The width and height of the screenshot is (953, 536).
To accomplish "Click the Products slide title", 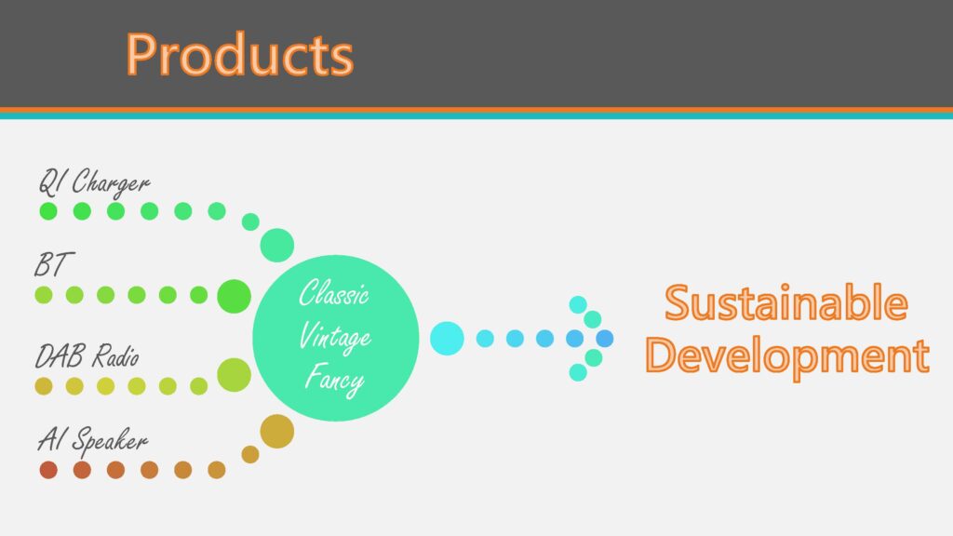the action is [239, 55].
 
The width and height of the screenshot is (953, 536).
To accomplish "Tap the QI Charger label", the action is [94, 182].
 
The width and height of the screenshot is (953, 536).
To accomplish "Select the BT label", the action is [54, 265].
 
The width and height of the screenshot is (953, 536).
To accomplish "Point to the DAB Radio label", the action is [87, 356].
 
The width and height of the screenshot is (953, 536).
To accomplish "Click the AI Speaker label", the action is [93, 439].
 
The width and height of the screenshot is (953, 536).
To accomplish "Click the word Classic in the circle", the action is [334, 293].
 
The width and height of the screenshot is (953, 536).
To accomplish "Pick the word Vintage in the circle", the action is [335, 337].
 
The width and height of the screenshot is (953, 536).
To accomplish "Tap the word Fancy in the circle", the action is [334, 380].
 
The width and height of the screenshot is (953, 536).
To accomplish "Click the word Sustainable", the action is [786, 302].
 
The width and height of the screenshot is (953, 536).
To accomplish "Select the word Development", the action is [787, 356].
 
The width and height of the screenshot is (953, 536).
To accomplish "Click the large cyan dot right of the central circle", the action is [447, 339].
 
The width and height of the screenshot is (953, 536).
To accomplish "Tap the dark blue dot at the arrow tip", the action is [604, 339].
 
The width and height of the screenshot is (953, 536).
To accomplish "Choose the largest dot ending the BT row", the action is [234, 296].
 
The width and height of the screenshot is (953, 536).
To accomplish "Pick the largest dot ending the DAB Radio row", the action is [234, 375].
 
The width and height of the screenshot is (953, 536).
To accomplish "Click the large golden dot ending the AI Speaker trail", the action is [277, 432].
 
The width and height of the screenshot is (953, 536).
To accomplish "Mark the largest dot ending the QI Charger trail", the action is [277, 246].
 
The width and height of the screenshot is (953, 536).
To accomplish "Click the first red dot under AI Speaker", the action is [48, 470].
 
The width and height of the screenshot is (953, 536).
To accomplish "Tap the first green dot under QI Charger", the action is [48, 211].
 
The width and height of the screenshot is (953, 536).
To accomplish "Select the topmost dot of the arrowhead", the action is [578, 304].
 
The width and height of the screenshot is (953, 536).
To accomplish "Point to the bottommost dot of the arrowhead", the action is [578, 372].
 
